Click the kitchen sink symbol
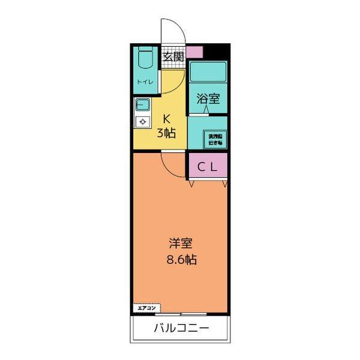tap(143, 107)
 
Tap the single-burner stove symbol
tap(143, 122)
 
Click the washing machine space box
tap(215, 140)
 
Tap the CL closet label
tap(208, 168)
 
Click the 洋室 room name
tap(180, 244)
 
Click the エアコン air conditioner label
tap(146, 308)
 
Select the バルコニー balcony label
tap(181, 328)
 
